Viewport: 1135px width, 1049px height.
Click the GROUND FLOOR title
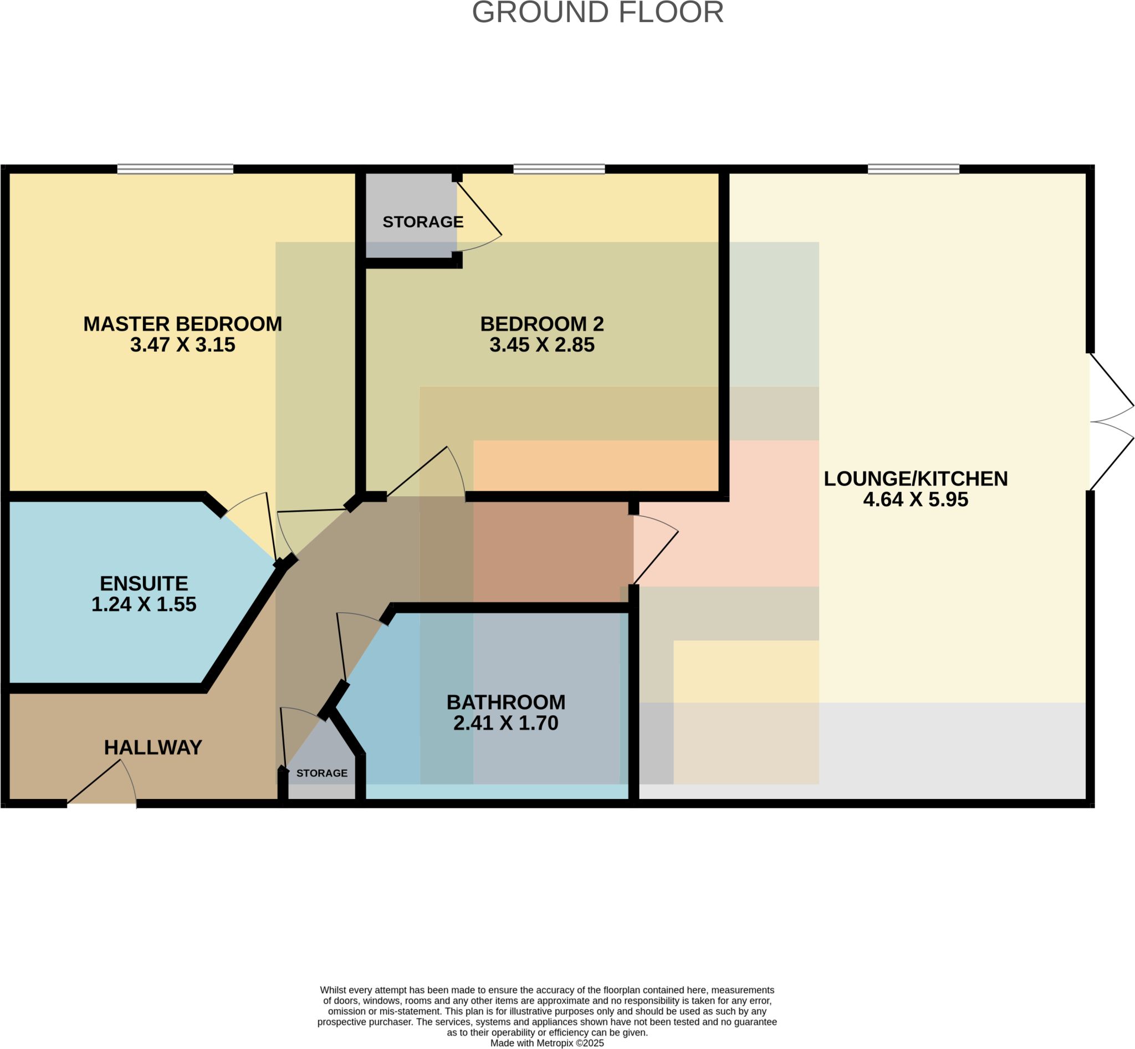pos(597,12)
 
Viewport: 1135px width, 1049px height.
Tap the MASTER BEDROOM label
pos(183,324)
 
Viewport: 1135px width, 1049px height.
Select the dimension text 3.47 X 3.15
pos(183,345)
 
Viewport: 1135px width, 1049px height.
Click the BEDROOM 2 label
pos(542,324)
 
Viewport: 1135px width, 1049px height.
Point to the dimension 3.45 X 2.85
pos(542,345)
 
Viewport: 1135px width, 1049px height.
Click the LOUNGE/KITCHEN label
pos(916,478)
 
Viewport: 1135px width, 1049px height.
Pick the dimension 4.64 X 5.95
pos(916,500)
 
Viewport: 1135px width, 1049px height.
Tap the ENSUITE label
pos(144,583)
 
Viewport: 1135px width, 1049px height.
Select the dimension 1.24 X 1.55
pos(144,604)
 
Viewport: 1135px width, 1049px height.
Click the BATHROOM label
pos(505,702)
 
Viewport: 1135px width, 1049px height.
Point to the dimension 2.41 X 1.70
pos(505,723)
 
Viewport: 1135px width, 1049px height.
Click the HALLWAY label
pos(153,747)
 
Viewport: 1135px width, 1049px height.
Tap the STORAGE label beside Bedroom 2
pos(423,222)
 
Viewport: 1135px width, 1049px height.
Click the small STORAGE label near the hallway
pos(322,773)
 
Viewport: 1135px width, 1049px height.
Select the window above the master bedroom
pos(175,169)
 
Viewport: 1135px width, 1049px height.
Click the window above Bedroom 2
pos(559,169)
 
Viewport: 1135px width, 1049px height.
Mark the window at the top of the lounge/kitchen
pos(914,169)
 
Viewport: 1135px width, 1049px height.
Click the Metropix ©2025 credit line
pos(547,1043)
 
